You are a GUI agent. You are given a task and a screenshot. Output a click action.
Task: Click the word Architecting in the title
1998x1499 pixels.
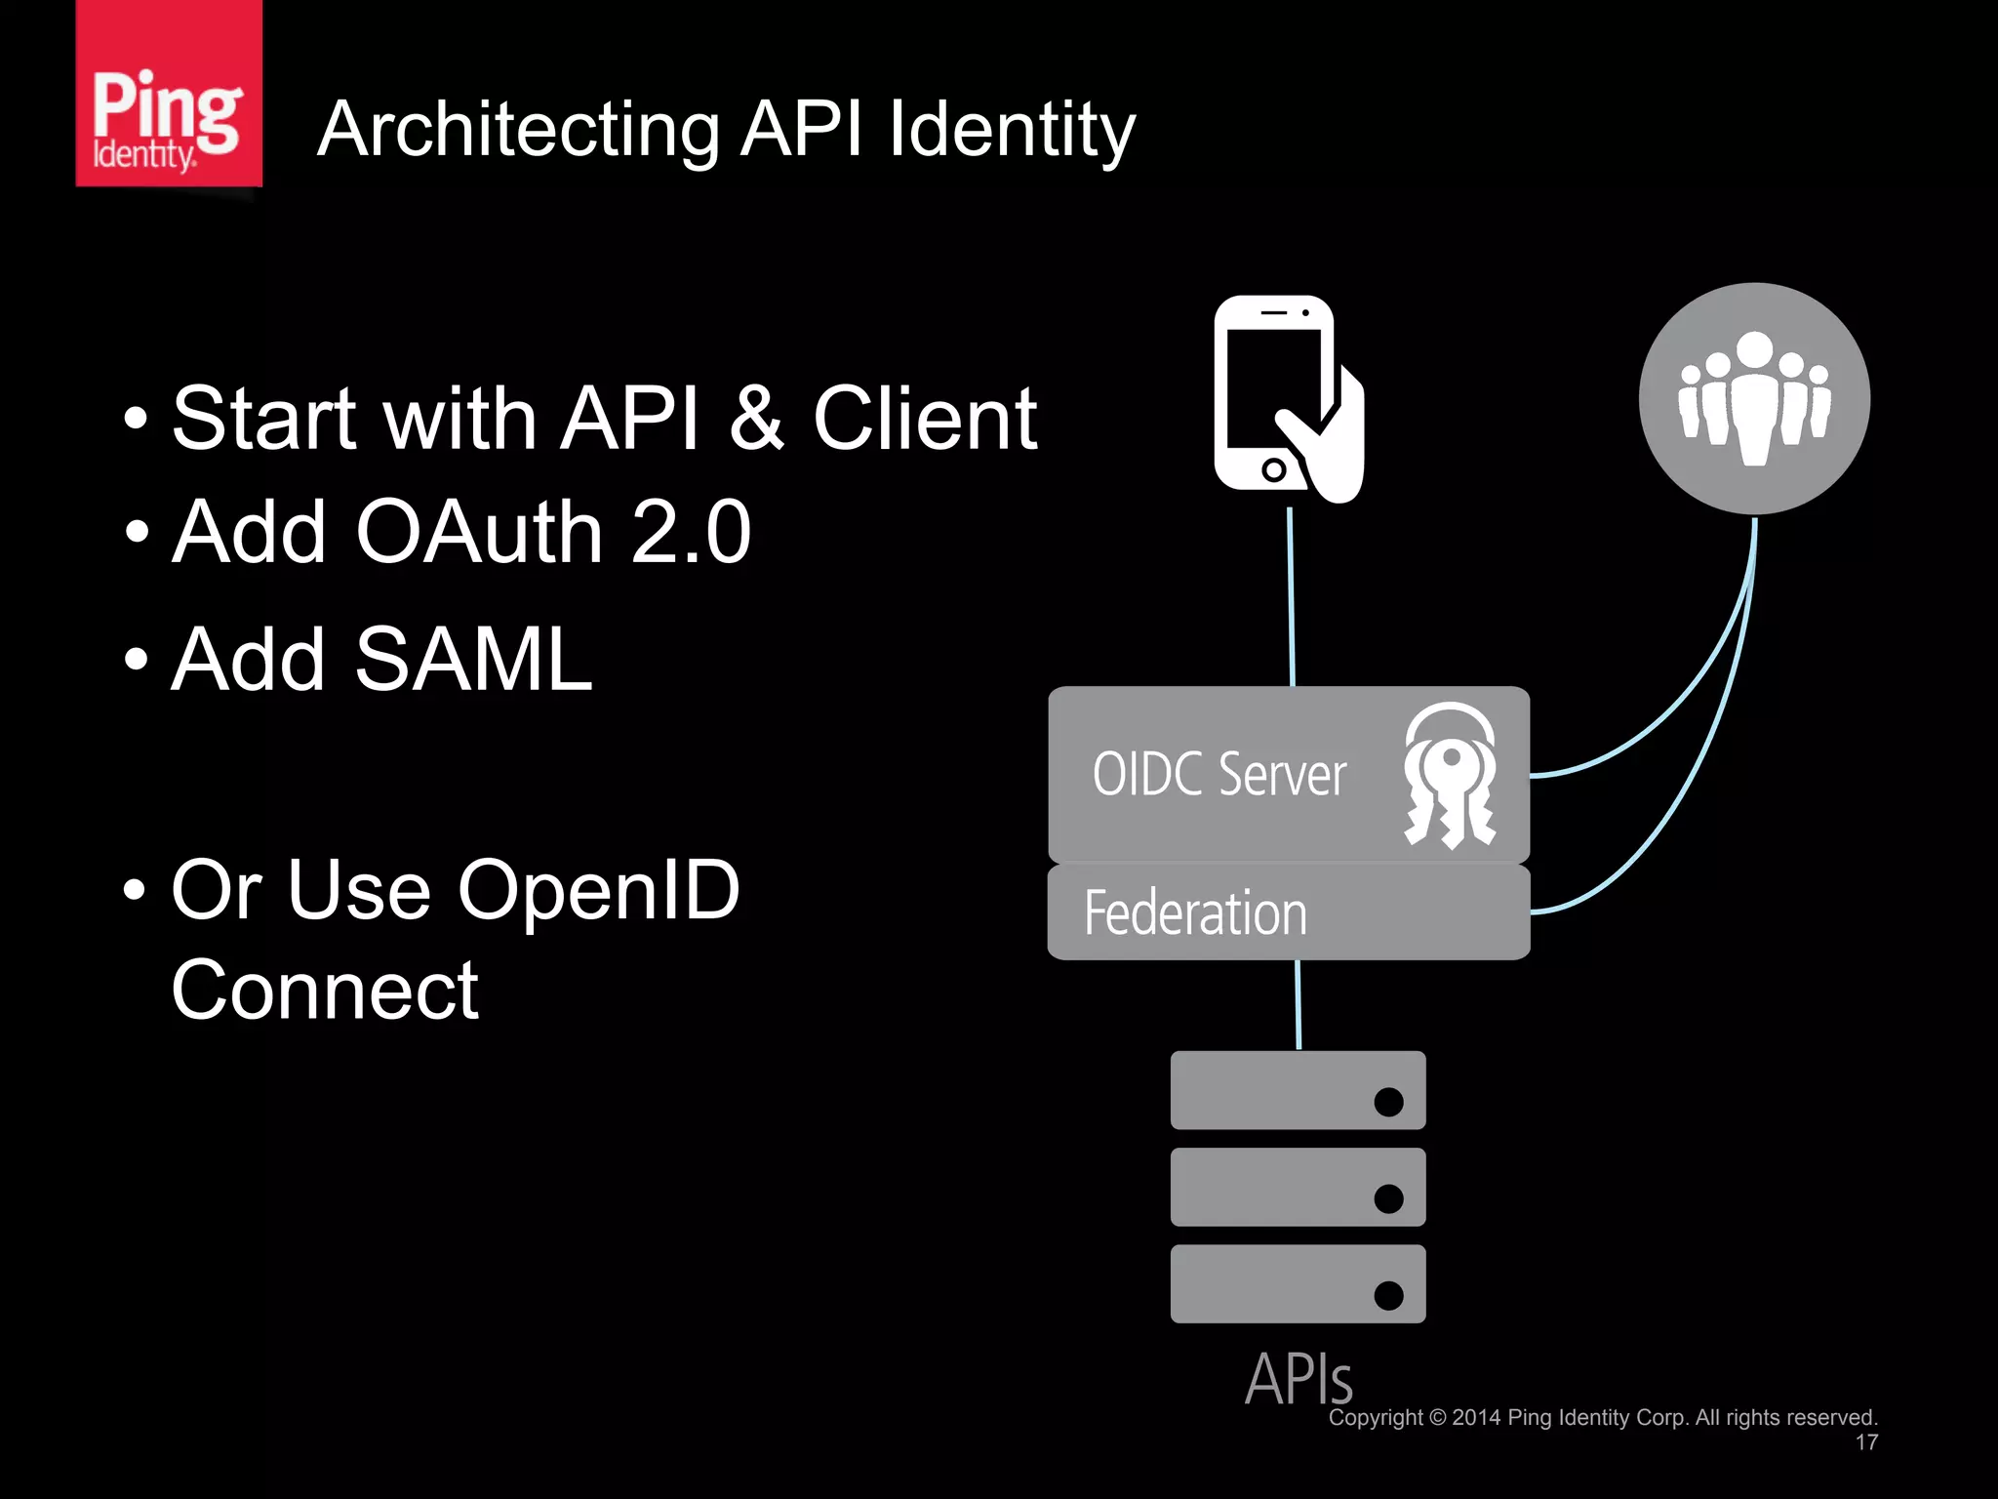tap(518, 130)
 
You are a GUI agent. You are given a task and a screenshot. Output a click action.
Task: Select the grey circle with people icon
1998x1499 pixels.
tap(1753, 399)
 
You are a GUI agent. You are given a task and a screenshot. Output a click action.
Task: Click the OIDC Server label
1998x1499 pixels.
tap(1219, 775)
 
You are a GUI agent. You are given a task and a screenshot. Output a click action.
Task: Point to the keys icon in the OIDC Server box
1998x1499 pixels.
tap(1450, 776)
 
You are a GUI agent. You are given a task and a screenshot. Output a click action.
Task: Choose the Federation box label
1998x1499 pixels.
tap(1195, 913)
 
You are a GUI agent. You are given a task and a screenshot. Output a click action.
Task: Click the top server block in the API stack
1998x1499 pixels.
tap(1298, 1090)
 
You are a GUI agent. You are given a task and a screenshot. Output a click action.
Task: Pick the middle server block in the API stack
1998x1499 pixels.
tap(1298, 1187)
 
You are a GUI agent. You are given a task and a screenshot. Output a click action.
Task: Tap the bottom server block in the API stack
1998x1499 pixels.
tap(1298, 1283)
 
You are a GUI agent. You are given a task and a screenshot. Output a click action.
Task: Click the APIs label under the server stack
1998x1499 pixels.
tap(1299, 1378)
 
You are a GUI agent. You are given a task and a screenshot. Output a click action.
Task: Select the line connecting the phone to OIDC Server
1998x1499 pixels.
tap(1291, 595)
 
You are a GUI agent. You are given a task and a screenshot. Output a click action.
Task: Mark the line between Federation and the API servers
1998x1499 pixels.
tap(1298, 1005)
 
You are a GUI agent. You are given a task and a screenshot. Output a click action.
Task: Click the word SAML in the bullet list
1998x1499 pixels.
tap(473, 661)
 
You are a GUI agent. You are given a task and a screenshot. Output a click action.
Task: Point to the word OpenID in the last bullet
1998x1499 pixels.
tap(599, 890)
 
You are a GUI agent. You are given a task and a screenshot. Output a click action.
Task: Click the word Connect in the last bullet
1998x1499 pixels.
tap(325, 991)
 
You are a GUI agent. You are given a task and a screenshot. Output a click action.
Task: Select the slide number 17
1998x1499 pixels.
tap(1865, 1442)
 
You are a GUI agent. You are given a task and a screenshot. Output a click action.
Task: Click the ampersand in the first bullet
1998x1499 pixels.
tap(756, 419)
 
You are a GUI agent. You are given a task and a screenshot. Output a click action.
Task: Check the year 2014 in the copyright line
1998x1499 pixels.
tap(1475, 1418)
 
